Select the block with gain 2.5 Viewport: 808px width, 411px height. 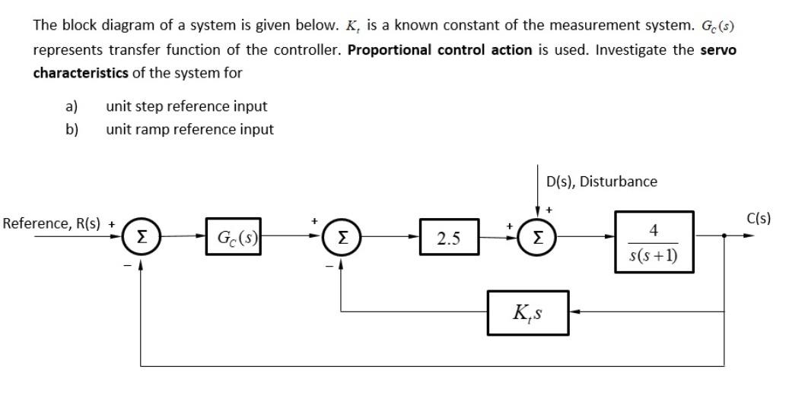(449, 237)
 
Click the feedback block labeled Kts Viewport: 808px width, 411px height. (527, 311)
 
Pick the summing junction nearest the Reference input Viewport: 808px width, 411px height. (141, 237)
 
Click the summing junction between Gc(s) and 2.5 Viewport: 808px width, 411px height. (340, 237)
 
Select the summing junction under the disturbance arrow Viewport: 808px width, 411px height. (538, 237)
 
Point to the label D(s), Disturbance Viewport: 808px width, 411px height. (601, 182)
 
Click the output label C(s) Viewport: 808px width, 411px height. (759, 219)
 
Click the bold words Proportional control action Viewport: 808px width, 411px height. (440, 49)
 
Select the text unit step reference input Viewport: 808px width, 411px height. (186, 106)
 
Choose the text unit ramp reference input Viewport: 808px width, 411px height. (189, 129)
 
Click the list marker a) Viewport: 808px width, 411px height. (72, 106)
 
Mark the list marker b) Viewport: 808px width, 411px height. (72, 129)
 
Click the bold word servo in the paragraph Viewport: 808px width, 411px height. (718, 49)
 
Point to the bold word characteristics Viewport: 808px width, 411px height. (80, 73)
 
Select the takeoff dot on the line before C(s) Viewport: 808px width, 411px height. (724, 236)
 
